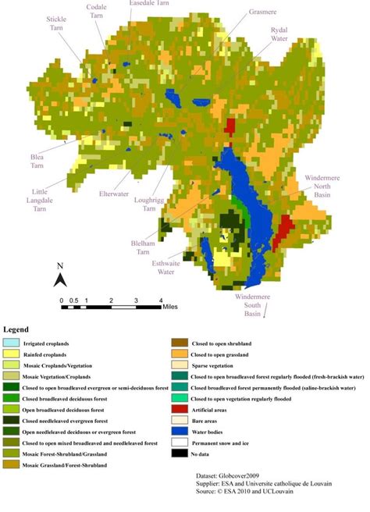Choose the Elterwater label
click(117, 194)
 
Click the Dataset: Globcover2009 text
click(235, 475)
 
